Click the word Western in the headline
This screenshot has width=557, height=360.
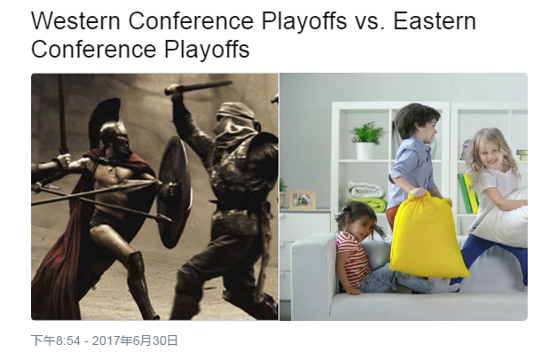[75, 20]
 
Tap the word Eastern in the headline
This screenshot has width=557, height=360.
[435, 20]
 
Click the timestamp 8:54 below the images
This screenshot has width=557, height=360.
[67, 340]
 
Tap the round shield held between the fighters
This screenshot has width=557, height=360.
[175, 192]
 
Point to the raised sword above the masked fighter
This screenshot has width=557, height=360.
[198, 87]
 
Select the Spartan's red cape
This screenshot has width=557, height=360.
[67, 227]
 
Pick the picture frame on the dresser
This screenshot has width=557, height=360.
[302, 200]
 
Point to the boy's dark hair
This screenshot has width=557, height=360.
[415, 116]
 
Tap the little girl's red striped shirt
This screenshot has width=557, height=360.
[352, 256]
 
